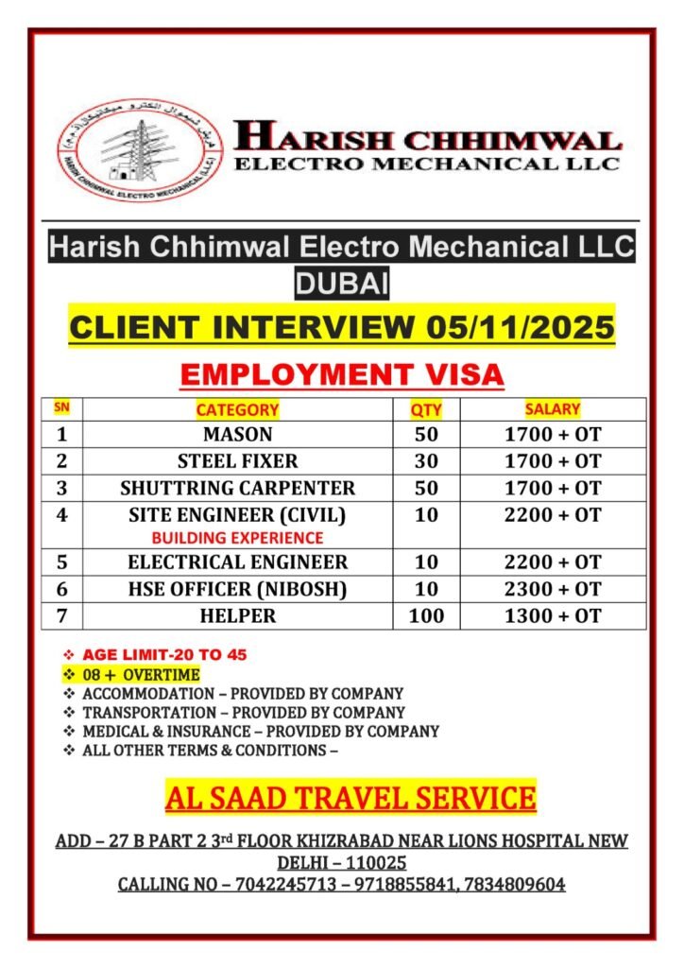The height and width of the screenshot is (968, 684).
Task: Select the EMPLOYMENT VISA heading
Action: coord(342,374)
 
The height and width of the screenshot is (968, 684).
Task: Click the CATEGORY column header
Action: coord(237,409)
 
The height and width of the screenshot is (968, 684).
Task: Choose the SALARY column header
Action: coord(553,409)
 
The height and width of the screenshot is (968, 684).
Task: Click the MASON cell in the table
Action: coord(237,435)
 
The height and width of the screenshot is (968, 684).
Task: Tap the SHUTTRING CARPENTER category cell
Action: coord(237,488)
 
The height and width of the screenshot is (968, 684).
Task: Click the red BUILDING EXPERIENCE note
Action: coord(237,537)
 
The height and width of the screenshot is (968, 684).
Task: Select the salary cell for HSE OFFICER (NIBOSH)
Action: coord(553,588)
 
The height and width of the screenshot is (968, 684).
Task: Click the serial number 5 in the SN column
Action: coord(62,562)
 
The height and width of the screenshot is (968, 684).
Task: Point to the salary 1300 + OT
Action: coord(553,615)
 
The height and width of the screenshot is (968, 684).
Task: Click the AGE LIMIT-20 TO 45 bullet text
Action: coord(165,654)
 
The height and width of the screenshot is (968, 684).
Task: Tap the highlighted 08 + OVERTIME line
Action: coord(142,674)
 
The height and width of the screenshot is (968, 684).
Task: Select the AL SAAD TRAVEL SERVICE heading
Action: coord(351,798)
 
